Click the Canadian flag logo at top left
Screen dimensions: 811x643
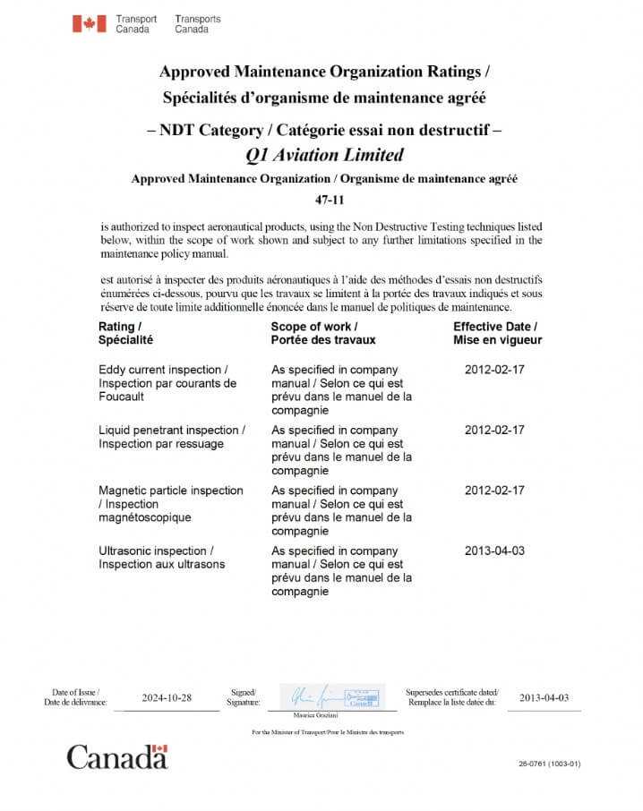pyautogui.click(x=89, y=23)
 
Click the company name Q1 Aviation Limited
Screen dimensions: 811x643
pyautogui.click(x=324, y=154)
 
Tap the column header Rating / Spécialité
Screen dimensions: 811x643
pyautogui.click(x=125, y=333)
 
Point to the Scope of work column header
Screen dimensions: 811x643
pyautogui.click(x=323, y=333)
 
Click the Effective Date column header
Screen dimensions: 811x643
pyautogui.click(x=496, y=333)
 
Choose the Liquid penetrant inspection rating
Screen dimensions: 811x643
pyautogui.click(x=171, y=437)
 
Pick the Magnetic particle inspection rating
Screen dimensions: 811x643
pyautogui.click(x=170, y=503)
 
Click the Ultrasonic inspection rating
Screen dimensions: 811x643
pyautogui.click(x=161, y=558)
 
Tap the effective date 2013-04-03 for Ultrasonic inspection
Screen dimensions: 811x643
pyautogui.click(x=494, y=551)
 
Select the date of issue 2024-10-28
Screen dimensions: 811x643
pyautogui.click(x=167, y=698)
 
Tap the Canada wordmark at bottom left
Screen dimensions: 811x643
pyautogui.click(x=116, y=757)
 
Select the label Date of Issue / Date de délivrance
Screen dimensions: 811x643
pyautogui.click(x=75, y=696)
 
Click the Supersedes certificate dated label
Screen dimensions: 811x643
pyautogui.click(x=452, y=696)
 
